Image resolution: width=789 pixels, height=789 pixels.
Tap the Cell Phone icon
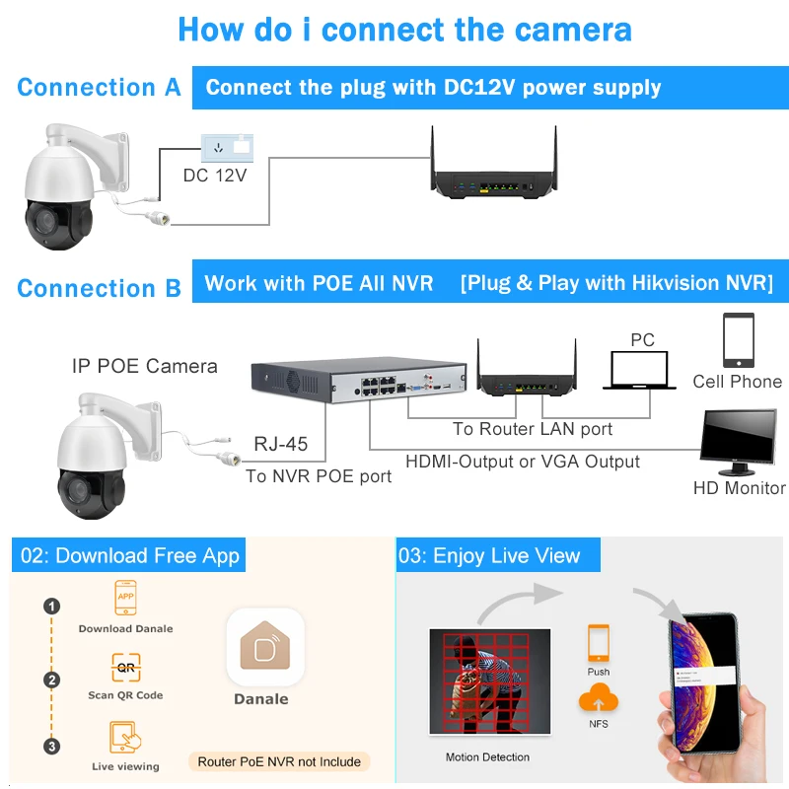coord(738,340)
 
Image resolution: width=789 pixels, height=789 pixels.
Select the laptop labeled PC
coord(642,372)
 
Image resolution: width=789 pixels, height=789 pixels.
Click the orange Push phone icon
coord(598,643)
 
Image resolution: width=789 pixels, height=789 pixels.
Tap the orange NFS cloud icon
coord(599,701)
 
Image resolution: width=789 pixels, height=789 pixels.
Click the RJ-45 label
coord(281,444)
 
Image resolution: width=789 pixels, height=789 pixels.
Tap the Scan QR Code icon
coord(125,668)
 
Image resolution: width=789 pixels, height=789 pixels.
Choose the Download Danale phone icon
coord(125,598)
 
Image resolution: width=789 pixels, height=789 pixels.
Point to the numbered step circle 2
coord(52,680)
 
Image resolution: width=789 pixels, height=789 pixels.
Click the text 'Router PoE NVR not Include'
coord(279,761)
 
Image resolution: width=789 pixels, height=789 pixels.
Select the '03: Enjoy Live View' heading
coord(489,556)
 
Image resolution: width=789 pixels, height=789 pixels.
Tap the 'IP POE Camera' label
coord(145,366)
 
